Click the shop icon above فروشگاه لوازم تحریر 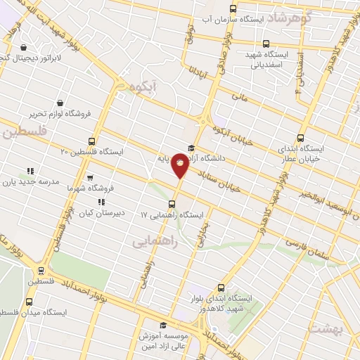pos(59,103)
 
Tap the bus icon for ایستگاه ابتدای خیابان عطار pos(302,139)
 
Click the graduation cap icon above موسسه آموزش pos(163,325)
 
